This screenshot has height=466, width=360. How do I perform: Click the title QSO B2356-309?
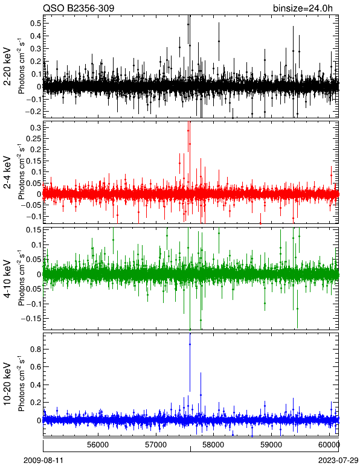click(79, 8)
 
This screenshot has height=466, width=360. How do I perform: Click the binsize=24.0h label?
click(303, 8)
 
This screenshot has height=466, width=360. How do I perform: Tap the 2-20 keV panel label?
click(7, 66)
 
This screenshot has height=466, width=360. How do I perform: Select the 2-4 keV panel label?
click(7, 173)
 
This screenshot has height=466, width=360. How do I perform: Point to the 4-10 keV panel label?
click(7, 279)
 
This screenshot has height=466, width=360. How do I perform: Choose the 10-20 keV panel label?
click(7, 384)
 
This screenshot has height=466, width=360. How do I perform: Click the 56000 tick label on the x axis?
click(98, 445)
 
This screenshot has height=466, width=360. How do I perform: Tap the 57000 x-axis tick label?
click(156, 445)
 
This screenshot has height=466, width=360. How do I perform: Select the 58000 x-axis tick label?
click(213, 445)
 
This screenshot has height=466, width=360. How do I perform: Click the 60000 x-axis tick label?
click(329, 445)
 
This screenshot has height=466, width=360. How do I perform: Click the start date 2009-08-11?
click(43, 461)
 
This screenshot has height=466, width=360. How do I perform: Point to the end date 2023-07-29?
click(338, 461)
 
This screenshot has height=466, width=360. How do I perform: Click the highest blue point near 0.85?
click(190, 344)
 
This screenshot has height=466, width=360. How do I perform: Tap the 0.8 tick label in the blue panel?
click(36, 349)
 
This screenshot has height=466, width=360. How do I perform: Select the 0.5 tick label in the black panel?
click(36, 23)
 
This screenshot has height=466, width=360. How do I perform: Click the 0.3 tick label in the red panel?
click(36, 127)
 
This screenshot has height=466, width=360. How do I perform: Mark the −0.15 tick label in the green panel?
click(31, 318)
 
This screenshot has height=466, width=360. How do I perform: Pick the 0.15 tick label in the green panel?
click(34, 230)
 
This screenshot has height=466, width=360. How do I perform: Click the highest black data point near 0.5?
click(188, 24)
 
